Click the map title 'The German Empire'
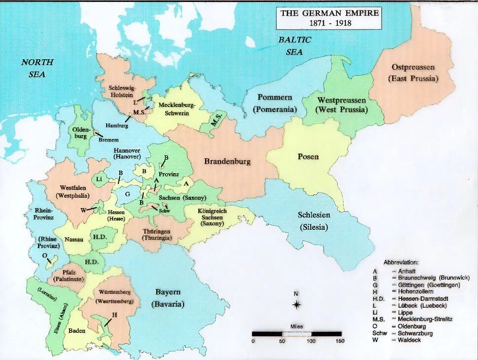click(330, 13)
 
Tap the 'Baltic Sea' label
click(294, 46)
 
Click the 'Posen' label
click(308, 157)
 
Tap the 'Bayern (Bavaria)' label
click(168, 298)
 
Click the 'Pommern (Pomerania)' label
click(275, 104)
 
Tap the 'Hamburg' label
click(116, 125)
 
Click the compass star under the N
click(296, 305)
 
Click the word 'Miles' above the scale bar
click(296, 326)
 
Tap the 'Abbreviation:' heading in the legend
click(401, 262)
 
